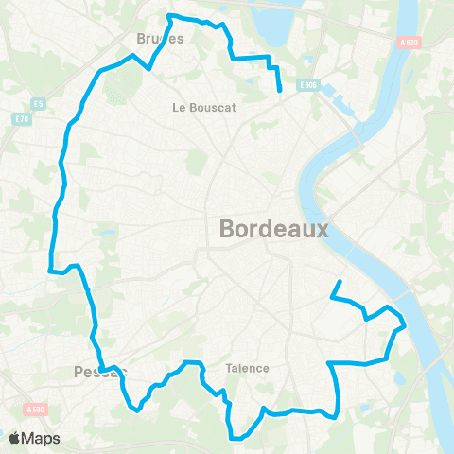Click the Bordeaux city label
click(273, 229)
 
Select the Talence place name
click(247, 368)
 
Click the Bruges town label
click(160, 39)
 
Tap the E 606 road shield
click(308, 85)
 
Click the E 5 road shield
click(39, 103)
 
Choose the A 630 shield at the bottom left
click(36, 410)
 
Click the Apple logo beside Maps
click(15, 438)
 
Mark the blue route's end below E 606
click(281, 91)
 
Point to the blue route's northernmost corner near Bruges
click(169, 16)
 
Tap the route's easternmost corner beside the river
click(405, 327)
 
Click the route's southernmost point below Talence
click(235, 438)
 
